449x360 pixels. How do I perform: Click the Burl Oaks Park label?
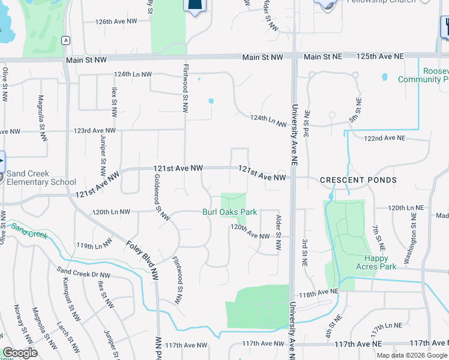(x=229, y=212)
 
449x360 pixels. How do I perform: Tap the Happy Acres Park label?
(x=376, y=262)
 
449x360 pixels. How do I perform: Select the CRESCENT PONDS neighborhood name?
(x=358, y=180)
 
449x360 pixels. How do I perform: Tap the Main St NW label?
(x=262, y=57)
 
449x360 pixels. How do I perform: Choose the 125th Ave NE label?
(x=382, y=56)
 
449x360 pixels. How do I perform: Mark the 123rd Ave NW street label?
(x=94, y=130)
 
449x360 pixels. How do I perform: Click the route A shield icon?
(x=66, y=40)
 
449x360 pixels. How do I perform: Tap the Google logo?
(x=20, y=353)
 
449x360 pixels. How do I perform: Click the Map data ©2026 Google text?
(x=412, y=355)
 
